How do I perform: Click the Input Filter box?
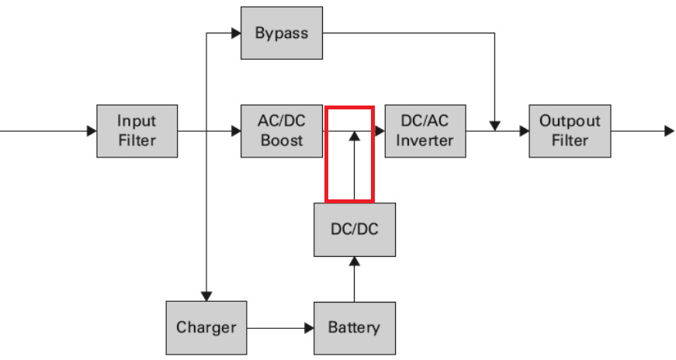(x=137, y=131)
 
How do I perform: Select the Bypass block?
(x=282, y=33)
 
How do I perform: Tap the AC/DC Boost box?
(x=282, y=131)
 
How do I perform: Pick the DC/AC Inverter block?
(x=425, y=131)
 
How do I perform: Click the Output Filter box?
(x=570, y=131)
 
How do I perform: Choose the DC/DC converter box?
(x=354, y=230)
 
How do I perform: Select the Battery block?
(x=354, y=327)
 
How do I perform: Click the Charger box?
(x=206, y=327)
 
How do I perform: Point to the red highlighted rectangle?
(x=350, y=154)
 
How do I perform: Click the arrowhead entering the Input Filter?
(x=92, y=131)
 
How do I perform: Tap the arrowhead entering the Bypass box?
(x=236, y=33)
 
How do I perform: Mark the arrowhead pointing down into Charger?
(x=206, y=296)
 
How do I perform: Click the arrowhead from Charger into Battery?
(x=308, y=327)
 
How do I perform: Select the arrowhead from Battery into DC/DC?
(x=354, y=261)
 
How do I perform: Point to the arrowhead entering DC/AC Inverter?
(x=380, y=131)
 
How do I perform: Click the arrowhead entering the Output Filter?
(x=524, y=131)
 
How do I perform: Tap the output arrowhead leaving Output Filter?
(x=669, y=131)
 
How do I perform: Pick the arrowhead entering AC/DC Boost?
(x=236, y=131)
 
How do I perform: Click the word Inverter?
(x=425, y=140)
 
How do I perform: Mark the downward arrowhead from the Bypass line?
(x=494, y=125)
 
